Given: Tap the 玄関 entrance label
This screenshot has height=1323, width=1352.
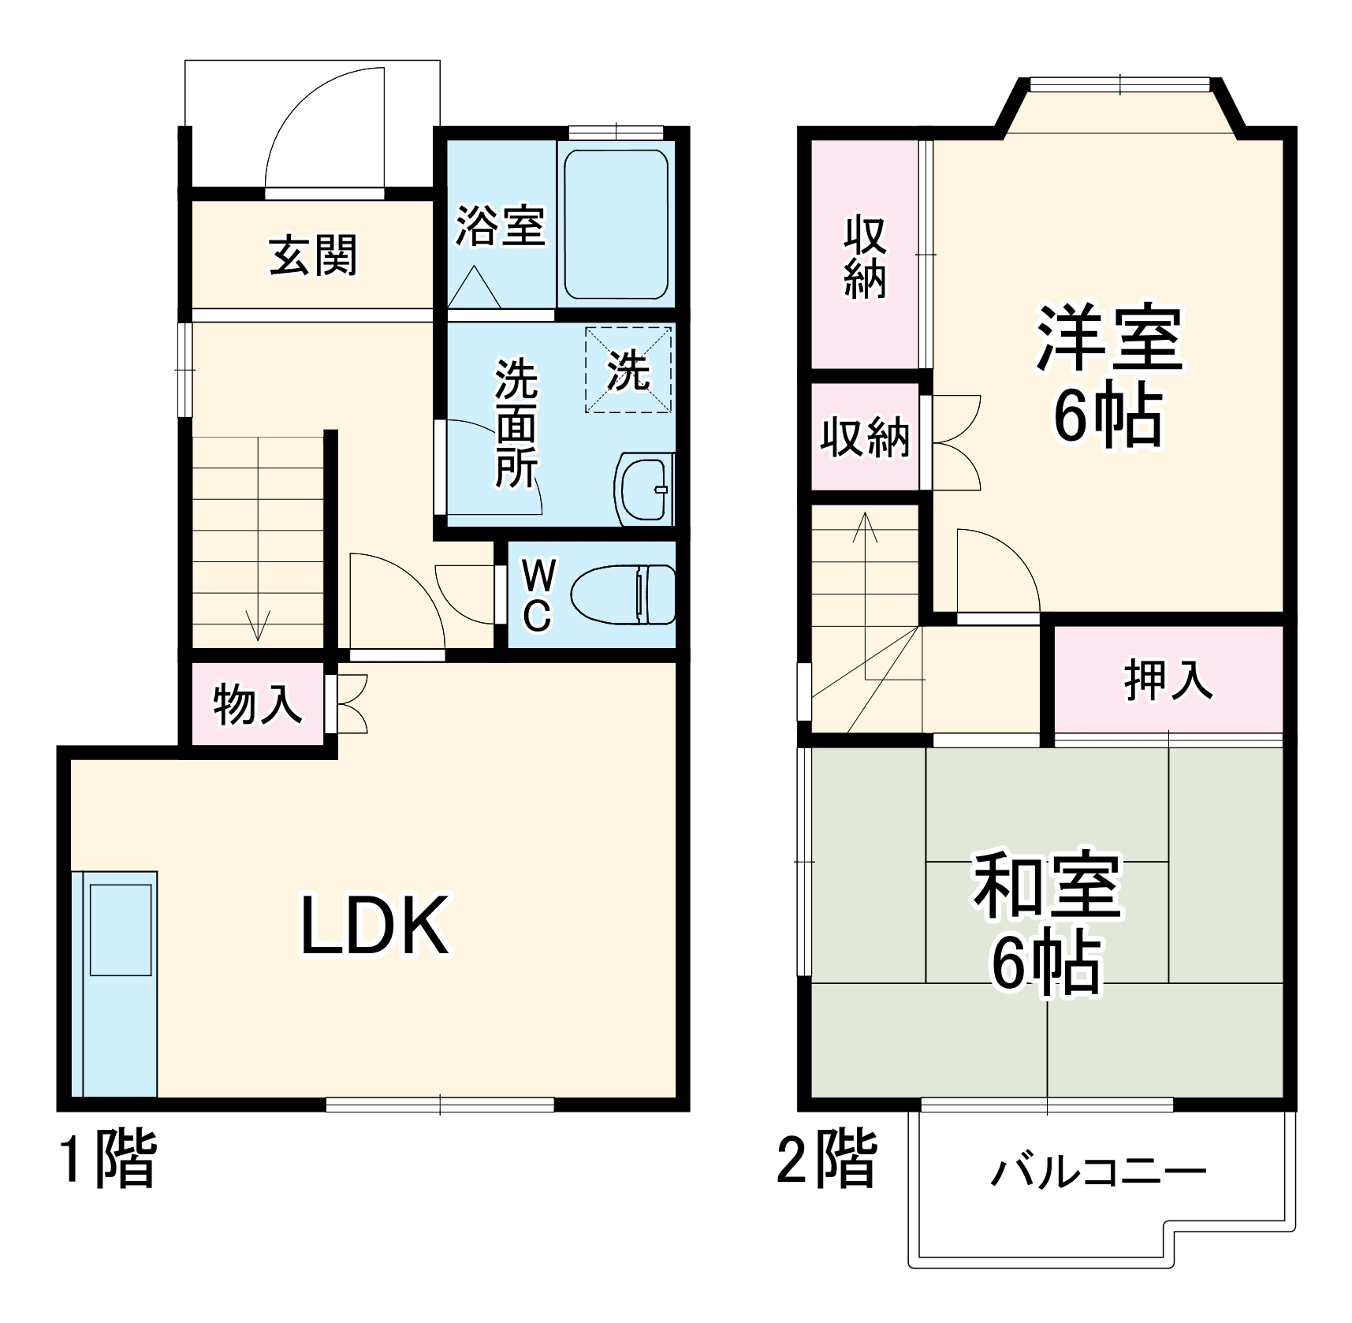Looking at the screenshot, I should (313, 255).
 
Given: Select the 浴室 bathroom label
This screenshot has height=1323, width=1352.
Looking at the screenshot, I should (500, 225).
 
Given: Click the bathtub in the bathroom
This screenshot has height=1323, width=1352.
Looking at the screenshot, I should (616, 225).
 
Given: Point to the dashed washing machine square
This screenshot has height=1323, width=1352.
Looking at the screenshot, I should (628, 370).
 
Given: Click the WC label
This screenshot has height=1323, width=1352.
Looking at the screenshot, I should (537, 595).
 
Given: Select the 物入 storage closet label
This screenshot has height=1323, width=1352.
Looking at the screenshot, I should (257, 704).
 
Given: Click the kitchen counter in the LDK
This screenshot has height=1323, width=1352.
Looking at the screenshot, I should (115, 982).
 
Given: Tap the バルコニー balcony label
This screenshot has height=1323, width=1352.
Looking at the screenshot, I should (1098, 1172).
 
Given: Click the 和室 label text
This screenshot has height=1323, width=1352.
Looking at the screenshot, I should (1046, 885).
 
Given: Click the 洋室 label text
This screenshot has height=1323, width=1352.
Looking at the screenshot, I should (1108, 337).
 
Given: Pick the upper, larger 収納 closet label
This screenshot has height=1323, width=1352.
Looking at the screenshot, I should (866, 256).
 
